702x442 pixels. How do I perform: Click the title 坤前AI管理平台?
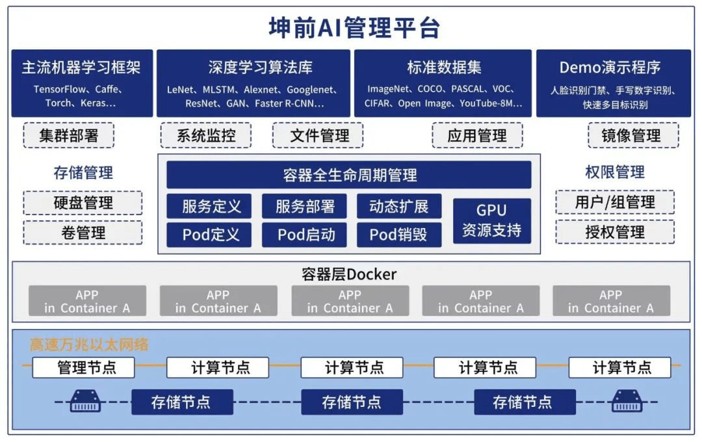point(354,28)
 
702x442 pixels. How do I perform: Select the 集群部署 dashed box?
point(68,135)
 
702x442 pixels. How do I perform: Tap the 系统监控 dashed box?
point(206,135)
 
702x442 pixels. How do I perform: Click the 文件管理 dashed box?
point(318,135)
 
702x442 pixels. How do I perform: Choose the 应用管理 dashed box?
point(478,135)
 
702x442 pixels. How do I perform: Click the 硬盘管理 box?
point(83,203)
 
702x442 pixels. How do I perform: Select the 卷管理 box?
point(83,233)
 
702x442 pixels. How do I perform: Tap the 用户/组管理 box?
point(614,202)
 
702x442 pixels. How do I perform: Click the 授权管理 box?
point(614,232)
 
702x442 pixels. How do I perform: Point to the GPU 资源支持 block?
point(491,220)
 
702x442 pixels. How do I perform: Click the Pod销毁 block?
point(398,235)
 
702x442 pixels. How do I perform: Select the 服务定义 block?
point(211,206)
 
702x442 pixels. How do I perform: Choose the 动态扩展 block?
point(398,206)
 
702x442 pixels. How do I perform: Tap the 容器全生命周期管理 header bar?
point(349,175)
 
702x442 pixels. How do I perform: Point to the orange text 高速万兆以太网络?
point(89,344)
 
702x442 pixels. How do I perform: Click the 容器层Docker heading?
point(349,274)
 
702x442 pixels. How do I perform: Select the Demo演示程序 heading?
point(610,67)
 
